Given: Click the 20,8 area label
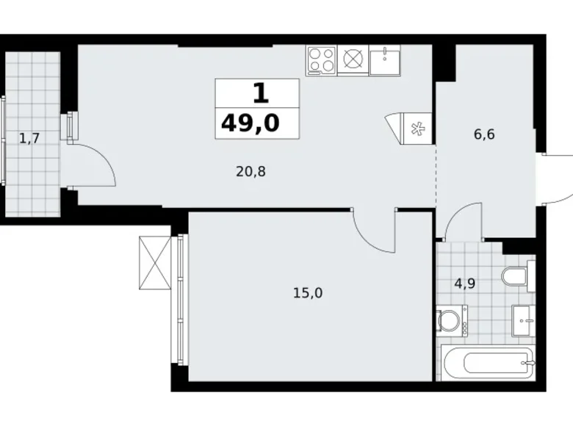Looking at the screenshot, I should [251, 172].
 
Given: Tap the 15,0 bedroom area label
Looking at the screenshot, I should [309, 293].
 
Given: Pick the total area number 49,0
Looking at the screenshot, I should [251, 122].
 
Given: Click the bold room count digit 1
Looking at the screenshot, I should [260, 93].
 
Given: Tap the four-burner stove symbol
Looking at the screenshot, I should [321, 59].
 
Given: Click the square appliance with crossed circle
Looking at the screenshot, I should [353, 59].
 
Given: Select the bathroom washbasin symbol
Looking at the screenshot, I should [522, 319].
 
